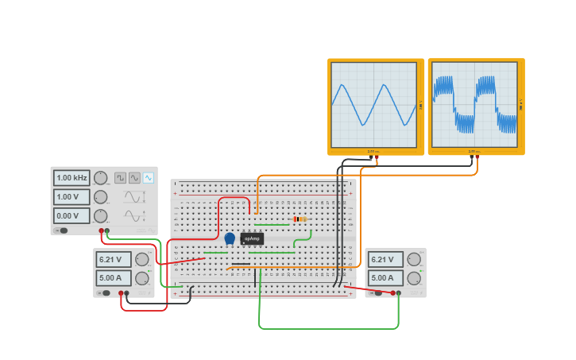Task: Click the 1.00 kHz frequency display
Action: coord(72,178)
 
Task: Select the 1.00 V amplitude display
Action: coord(72,197)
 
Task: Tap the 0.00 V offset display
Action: coord(72,215)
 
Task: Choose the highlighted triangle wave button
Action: coord(148,178)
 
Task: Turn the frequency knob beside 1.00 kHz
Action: coord(101,178)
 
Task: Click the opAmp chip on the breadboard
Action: coord(251,238)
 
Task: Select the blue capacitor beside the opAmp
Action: coord(230,238)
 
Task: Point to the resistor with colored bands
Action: coord(300,219)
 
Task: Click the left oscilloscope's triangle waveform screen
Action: coord(373,104)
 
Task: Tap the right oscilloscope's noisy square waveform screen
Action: coord(474,104)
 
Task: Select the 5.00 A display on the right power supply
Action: coord(384,278)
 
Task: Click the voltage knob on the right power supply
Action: coord(414,259)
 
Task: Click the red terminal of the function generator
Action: coord(102,231)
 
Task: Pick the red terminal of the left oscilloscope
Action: coord(377,158)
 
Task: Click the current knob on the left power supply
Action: coord(141,278)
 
